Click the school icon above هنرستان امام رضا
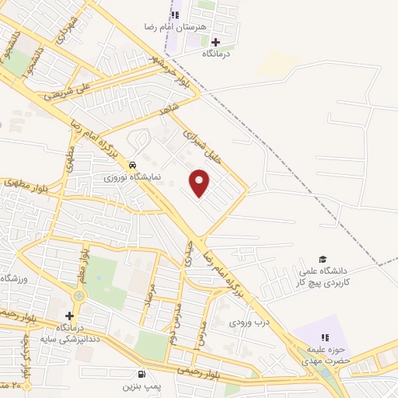pos(175,13)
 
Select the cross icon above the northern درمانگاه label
pos(215,41)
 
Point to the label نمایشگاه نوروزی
pos(134,176)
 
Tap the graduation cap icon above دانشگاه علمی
pos(322,259)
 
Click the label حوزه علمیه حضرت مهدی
pos(326,356)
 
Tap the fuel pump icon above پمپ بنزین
pos(140,372)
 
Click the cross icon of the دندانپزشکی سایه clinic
pos(70,316)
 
